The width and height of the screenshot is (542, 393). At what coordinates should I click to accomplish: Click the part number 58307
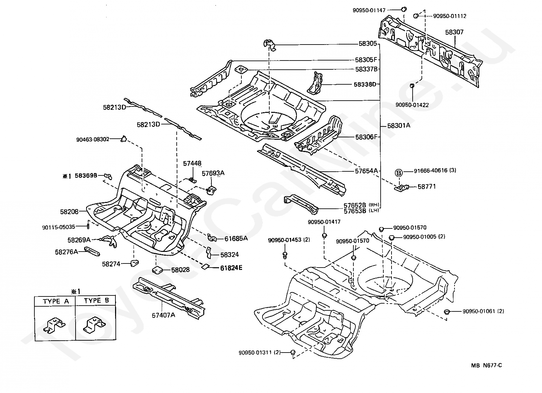(x=454, y=32)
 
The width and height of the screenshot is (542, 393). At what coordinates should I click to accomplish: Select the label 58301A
(x=399, y=125)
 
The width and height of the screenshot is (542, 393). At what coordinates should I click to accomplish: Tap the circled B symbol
(x=399, y=173)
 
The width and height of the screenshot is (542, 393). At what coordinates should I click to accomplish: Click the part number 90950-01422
(x=412, y=105)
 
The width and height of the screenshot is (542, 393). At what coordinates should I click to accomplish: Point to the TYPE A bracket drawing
(x=54, y=325)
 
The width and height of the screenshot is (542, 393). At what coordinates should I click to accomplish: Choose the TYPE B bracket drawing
(x=94, y=325)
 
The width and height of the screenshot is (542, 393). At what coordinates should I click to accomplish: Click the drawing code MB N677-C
(x=487, y=365)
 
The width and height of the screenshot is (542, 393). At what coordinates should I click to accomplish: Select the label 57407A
(x=163, y=315)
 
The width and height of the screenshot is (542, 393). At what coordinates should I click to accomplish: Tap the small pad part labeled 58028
(x=157, y=270)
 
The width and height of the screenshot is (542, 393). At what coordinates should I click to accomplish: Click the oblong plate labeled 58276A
(x=92, y=251)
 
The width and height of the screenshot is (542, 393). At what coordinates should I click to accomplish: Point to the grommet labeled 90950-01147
(x=403, y=10)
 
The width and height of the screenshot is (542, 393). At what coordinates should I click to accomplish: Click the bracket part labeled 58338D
(x=315, y=83)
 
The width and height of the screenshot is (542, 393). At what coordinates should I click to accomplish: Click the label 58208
(x=69, y=212)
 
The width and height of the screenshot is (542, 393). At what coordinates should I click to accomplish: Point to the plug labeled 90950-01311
(x=292, y=352)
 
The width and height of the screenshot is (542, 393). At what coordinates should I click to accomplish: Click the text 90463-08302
(x=93, y=139)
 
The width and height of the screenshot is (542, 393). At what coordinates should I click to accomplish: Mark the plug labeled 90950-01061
(x=447, y=312)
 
